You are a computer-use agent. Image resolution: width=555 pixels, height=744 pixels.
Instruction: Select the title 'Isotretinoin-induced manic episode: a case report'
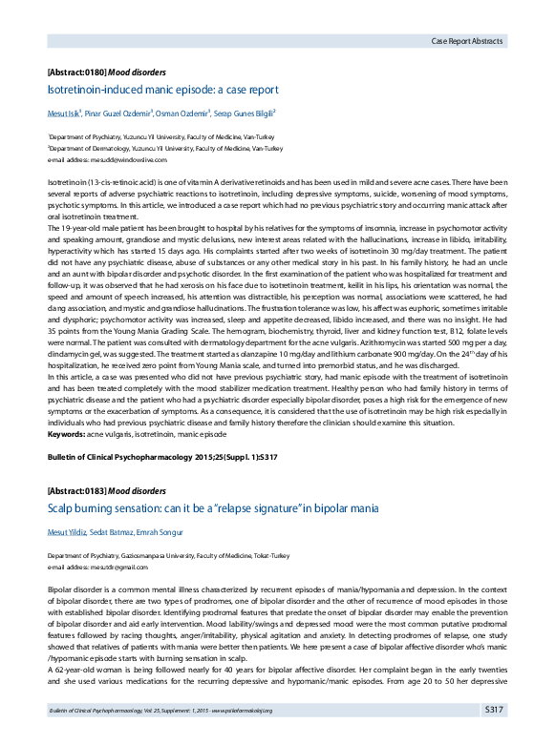(162, 90)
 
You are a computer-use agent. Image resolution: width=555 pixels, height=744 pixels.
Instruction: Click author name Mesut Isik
(64, 114)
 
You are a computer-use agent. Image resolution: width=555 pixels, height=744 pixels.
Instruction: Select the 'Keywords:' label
(66, 434)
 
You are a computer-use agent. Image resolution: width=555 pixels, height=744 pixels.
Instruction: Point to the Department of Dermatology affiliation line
(165, 149)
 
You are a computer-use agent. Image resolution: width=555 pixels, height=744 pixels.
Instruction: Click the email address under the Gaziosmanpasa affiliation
(100, 566)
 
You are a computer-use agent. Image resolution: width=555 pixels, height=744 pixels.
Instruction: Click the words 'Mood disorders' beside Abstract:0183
(137, 491)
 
